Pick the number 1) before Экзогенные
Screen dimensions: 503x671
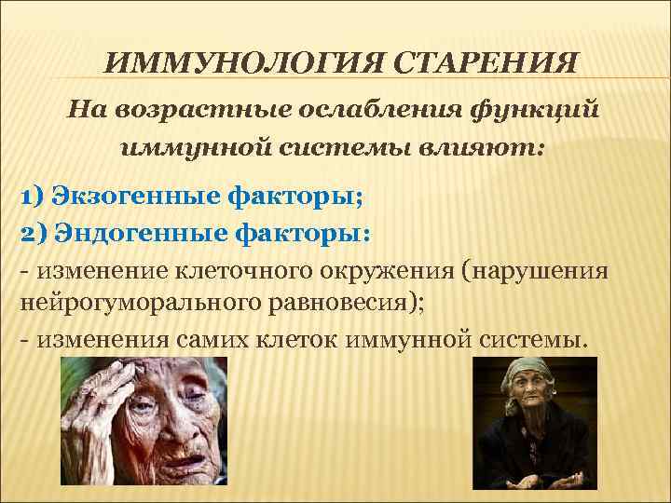(x=32, y=197)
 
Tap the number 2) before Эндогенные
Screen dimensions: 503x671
(x=34, y=233)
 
